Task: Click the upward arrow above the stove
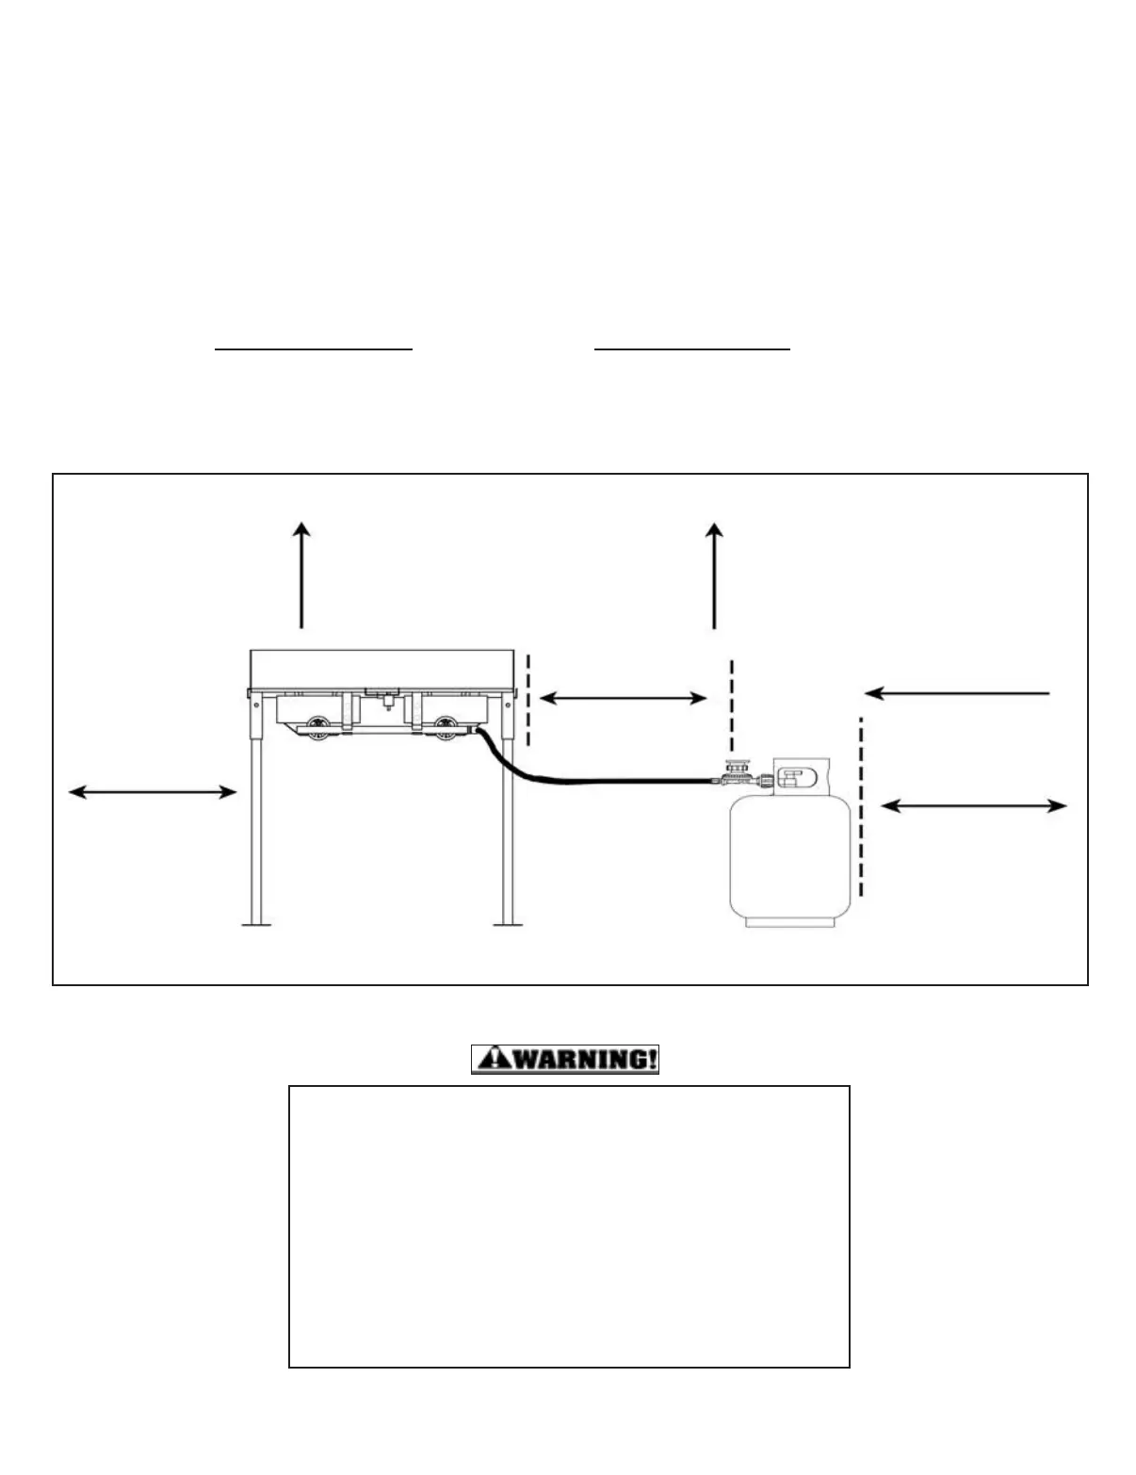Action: (x=301, y=575)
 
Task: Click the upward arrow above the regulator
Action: (x=715, y=575)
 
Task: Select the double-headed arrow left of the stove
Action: (x=153, y=793)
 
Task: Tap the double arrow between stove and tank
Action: (x=623, y=698)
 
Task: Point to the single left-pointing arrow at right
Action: (x=957, y=693)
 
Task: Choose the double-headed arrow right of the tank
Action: (x=974, y=806)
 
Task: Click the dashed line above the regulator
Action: (x=732, y=705)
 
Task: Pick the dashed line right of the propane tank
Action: (x=861, y=806)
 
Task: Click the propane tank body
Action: (x=791, y=857)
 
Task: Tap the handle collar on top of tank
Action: (x=801, y=776)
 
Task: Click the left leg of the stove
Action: (x=255, y=829)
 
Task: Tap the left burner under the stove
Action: (x=319, y=728)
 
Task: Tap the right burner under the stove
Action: (x=446, y=728)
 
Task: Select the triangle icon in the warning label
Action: (x=489, y=1060)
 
